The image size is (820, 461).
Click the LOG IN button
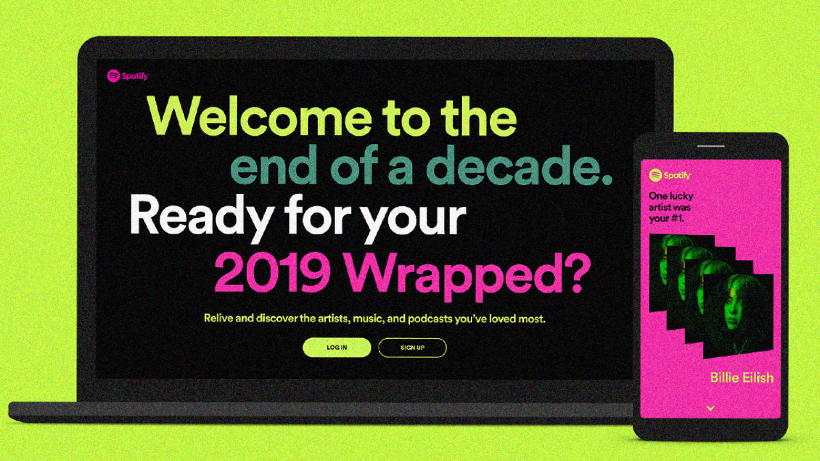337,347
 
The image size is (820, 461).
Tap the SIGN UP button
413,347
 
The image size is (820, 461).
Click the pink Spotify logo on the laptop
127,76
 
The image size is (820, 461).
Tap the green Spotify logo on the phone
670,175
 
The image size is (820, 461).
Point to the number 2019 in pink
272,273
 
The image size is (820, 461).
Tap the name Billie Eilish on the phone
742,378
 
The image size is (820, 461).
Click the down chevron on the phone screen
710,408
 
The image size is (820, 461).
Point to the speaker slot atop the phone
710,146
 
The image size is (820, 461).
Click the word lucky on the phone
681,197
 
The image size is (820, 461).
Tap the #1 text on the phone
676,219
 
